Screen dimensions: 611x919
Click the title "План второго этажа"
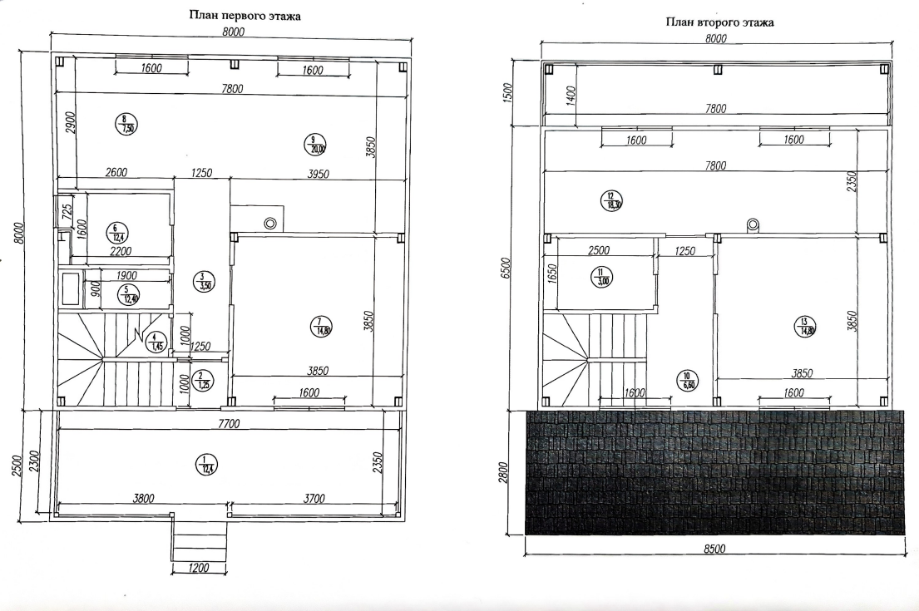[720, 22]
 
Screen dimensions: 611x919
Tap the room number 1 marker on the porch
[204, 465]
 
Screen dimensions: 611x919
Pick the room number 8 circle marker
[126, 124]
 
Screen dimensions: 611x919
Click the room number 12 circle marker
[611, 200]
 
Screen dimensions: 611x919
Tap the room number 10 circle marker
[689, 379]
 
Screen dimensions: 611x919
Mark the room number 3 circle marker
[202, 282]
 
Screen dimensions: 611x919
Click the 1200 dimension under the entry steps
[199, 569]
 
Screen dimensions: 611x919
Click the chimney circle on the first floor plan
[270, 223]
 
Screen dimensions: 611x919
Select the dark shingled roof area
[715, 471]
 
